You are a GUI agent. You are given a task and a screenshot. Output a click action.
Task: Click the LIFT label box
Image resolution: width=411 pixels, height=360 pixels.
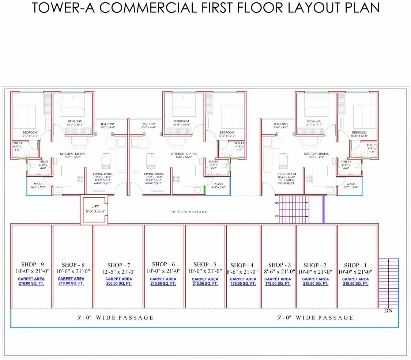[95, 209]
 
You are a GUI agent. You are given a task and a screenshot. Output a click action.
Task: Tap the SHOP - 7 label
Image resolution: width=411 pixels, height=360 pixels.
[118, 265]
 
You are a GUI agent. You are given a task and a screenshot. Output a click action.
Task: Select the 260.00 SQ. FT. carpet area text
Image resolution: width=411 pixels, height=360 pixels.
[118, 284]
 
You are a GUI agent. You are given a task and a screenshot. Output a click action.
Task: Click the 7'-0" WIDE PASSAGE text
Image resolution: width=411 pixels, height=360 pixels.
[189, 212]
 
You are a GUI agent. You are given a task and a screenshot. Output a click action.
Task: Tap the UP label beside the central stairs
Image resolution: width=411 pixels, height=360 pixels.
[277, 217]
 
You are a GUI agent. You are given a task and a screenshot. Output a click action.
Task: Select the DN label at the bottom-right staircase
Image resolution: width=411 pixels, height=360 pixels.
[388, 311]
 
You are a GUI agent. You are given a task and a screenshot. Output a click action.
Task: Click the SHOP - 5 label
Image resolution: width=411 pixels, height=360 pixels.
[205, 264]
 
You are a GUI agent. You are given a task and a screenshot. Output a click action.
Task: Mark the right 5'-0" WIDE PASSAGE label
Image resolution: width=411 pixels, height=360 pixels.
[315, 318]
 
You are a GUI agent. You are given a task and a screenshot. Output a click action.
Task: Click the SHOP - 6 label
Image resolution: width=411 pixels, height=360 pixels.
[163, 264]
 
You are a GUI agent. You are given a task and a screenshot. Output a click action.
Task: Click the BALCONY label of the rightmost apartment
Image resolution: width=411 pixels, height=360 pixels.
[281, 124]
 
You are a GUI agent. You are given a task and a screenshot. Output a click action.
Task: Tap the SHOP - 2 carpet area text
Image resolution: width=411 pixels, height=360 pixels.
[315, 281]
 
